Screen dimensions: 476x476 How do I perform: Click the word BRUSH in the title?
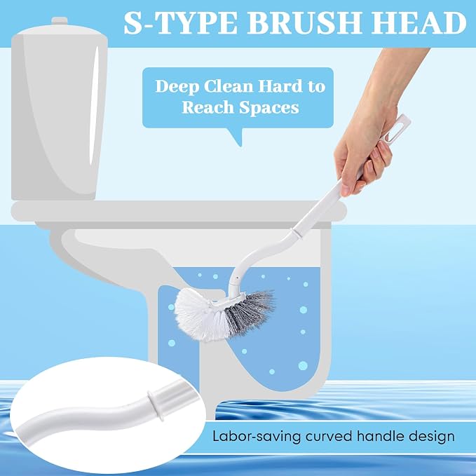coord(306,23)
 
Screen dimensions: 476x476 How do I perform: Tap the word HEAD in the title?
coord(419,23)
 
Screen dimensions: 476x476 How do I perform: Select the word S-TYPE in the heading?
coord(181,23)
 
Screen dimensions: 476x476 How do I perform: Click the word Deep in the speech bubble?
coord(177,87)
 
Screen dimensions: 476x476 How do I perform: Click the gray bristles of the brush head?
coord(249,313)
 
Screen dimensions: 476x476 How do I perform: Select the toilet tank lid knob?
coord(59,20)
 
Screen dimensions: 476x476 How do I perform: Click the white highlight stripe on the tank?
coord(95,107)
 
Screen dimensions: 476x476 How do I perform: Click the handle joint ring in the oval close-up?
coord(155,405)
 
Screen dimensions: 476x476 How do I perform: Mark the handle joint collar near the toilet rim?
coord(297,233)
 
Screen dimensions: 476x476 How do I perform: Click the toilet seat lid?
coord(179,211)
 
